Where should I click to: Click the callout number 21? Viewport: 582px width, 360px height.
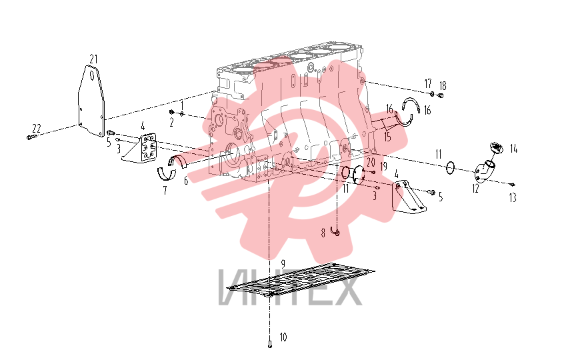(x=93, y=59)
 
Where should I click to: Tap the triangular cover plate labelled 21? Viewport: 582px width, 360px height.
(x=91, y=101)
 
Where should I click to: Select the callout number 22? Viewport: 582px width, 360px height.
(x=37, y=129)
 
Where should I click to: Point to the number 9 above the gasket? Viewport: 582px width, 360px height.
(x=283, y=264)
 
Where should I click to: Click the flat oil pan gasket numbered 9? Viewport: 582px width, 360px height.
(x=301, y=281)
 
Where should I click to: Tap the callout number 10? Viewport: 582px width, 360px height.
(x=283, y=337)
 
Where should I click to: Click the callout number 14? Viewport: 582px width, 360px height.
(x=513, y=149)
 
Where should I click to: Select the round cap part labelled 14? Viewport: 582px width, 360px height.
(x=496, y=148)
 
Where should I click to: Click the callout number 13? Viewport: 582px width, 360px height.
(x=513, y=198)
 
